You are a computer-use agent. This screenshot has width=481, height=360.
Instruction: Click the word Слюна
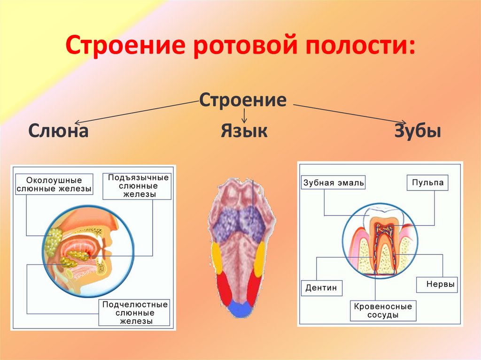pos(58,131)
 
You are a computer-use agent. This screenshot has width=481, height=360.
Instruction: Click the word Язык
pos(244,131)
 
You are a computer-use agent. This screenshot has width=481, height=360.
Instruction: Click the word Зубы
pos(418,131)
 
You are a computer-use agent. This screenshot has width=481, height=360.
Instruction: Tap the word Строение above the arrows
pos(242,100)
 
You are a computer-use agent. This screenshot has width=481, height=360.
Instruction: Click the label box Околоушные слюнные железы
pos(54,184)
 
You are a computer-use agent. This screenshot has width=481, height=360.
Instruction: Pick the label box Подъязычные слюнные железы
pos(138,186)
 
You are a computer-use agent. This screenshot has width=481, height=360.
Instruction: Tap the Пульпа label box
pos(427,183)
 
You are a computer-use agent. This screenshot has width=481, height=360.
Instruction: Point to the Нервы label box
pos(436,284)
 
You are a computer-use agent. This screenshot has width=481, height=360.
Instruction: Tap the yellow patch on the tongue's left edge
pos(217,258)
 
